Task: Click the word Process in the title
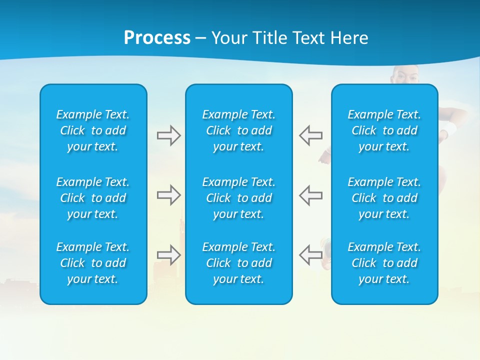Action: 157,38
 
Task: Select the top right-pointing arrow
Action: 168,135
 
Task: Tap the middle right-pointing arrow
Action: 168,195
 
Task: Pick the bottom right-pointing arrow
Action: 168,255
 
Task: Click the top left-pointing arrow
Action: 310,135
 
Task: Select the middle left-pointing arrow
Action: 310,195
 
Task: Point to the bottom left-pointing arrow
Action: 310,255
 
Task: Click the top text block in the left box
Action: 93,130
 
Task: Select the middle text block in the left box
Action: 93,198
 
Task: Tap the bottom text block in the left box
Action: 93,263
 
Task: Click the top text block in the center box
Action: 239,130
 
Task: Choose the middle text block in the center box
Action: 239,198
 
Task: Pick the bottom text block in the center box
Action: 239,263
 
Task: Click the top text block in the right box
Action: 384,130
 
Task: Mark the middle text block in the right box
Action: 384,198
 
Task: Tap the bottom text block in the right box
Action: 384,263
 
